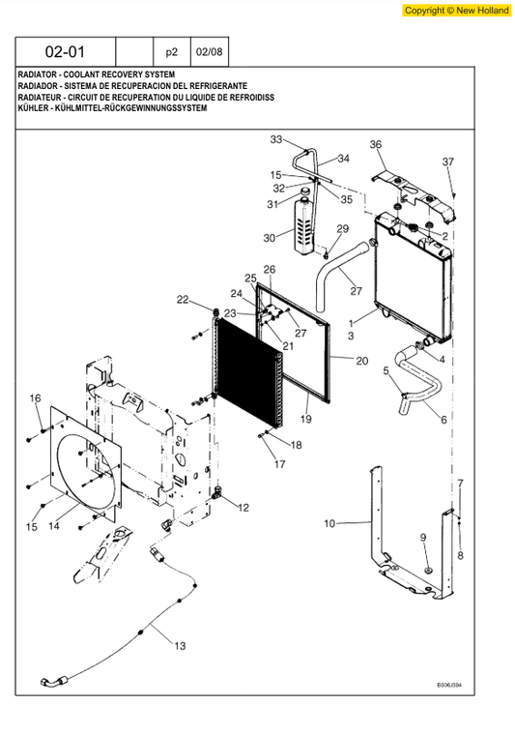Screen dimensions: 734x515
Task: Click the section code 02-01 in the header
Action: (x=65, y=51)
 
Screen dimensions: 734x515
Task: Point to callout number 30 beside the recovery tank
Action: (x=270, y=238)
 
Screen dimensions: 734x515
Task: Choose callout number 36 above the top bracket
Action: (x=376, y=145)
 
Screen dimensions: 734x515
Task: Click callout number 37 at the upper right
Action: (x=447, y=161)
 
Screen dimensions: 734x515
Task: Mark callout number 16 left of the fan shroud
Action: (x=35, y=398)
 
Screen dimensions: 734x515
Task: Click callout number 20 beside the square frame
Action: (x=361, y=361)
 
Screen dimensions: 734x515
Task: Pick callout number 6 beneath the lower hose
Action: (x=443, y=420)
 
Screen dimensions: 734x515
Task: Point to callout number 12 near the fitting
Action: (x=243, y=507)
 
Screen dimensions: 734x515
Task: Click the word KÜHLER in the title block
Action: (x=34, y=108)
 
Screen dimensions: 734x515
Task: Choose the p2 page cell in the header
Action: (x=172, y=51)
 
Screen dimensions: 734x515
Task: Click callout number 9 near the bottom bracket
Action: (x=422, y=537)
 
